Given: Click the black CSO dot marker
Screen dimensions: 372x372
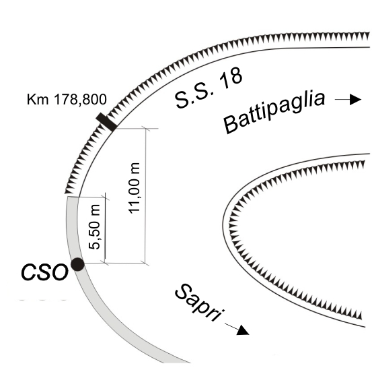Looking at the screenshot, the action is [x=78, y=264].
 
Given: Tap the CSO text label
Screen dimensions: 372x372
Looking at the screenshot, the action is [x=44, y=272].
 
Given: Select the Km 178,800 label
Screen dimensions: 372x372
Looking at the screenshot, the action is [x=67, y=99].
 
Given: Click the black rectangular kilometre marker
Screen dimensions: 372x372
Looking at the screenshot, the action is [x=106, y=122].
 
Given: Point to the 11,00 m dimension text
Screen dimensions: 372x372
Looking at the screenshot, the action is [x=134, y=188].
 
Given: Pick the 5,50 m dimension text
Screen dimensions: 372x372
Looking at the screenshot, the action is [x=94, y=226].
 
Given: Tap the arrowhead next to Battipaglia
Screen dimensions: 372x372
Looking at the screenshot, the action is [x=355, y=99].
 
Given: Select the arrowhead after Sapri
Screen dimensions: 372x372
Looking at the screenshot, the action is [x=243, y=330].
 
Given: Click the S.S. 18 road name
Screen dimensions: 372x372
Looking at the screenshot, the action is [x=209, y=88].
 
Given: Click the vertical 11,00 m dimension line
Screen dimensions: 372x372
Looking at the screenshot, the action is [x=145, y=196].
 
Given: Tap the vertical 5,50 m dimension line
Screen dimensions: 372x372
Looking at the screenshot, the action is [x=105, y=230].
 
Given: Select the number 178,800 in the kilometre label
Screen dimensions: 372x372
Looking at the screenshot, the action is [x=80, y=99].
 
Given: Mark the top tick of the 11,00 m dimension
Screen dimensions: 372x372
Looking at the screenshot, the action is [x=145, y=129].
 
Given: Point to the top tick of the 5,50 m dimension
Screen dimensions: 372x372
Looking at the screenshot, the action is [x=105, y=197].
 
